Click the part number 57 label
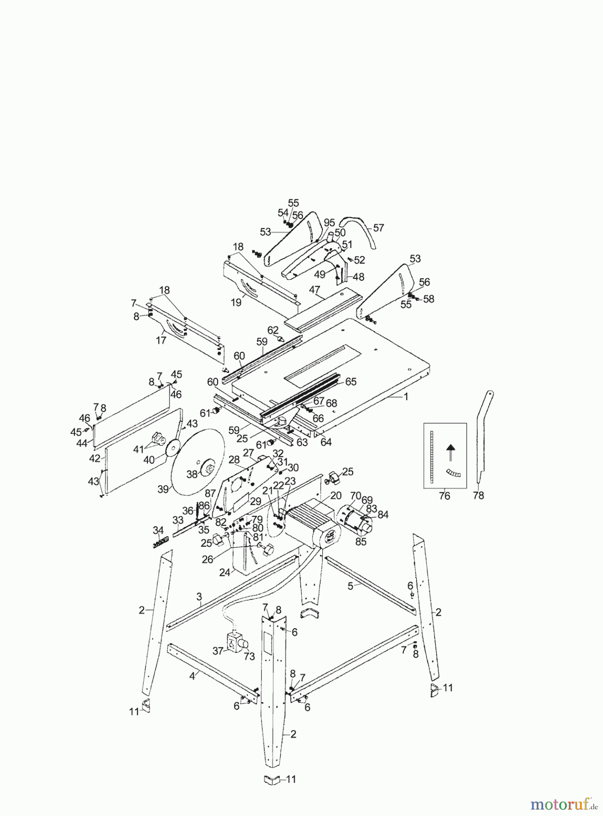(379, 228)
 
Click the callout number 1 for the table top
(406, 397)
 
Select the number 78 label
(478, 495)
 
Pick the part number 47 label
(315, 289)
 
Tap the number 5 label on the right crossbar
(350, 586)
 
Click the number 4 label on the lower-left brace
(192, 675)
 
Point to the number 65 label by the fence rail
(350, 381)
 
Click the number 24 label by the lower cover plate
(224, 573)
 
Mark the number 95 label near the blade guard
(329, 223)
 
